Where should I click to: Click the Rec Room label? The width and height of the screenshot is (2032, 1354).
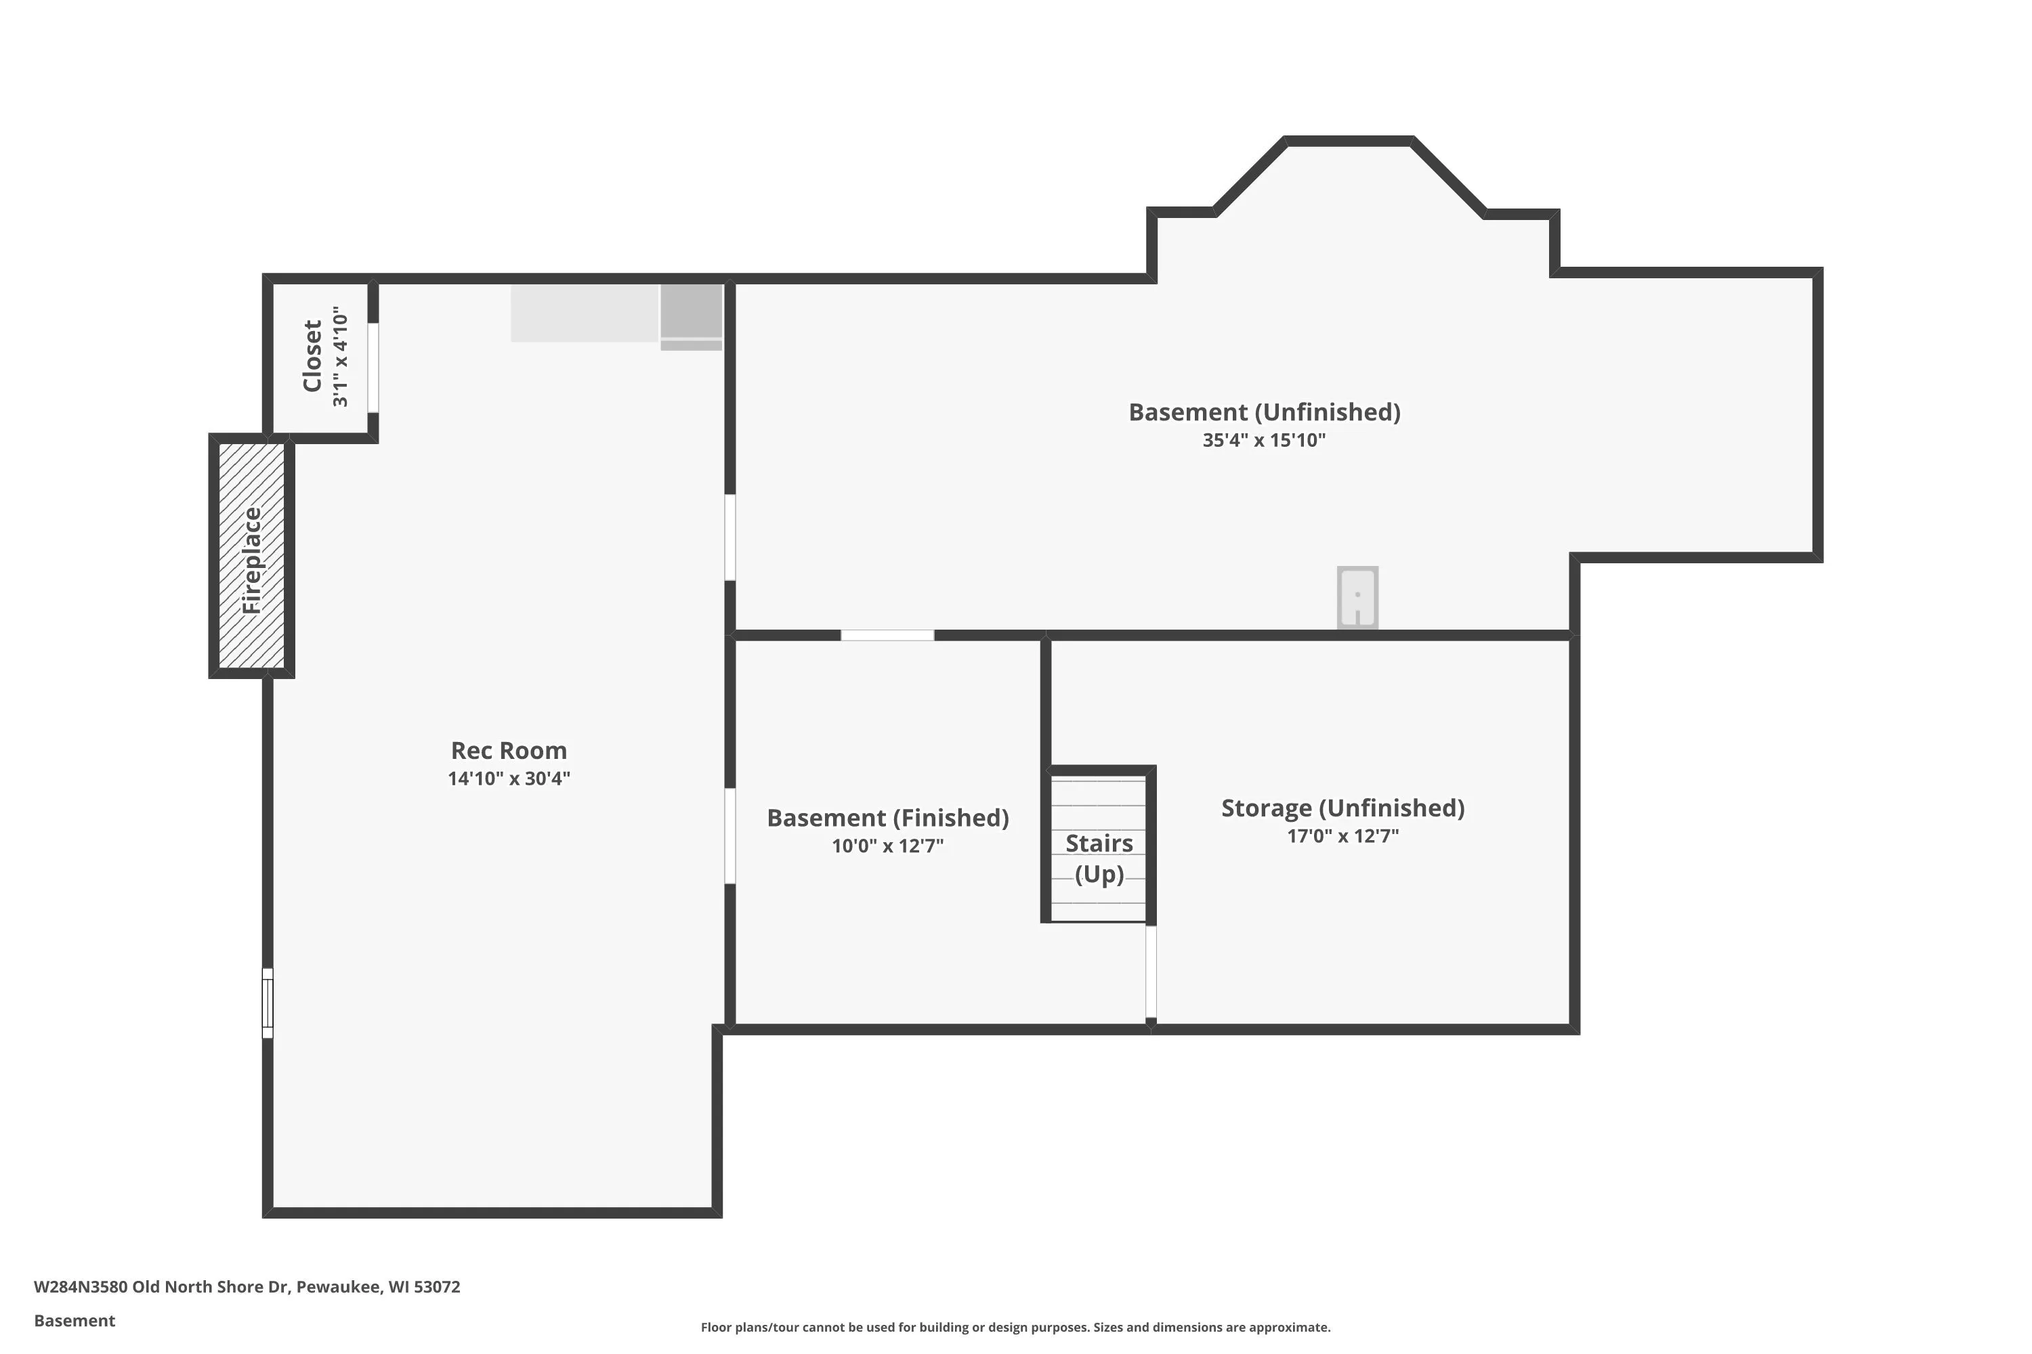509,750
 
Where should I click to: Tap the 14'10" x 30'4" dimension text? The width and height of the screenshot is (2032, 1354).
509,778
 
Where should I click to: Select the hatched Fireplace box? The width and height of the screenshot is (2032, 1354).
251,556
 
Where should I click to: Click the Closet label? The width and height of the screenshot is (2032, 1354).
312,356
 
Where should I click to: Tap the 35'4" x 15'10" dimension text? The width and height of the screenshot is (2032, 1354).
1264,441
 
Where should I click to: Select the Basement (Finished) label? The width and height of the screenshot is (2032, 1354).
887,818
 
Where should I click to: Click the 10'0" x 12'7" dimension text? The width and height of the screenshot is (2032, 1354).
887,846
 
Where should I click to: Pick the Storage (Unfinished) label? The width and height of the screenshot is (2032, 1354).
1342,808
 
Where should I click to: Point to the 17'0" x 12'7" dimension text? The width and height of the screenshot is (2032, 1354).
1342,836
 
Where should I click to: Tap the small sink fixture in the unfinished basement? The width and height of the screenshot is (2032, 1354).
1357,598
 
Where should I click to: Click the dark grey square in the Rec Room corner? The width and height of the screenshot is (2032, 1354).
691,311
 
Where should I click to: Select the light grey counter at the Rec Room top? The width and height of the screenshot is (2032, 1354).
585,313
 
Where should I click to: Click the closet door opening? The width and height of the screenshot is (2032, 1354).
373,368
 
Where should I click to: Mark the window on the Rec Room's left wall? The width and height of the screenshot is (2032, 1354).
268,1003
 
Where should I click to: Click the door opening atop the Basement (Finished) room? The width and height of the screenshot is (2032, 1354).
887,636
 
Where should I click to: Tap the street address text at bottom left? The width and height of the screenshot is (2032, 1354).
247,1287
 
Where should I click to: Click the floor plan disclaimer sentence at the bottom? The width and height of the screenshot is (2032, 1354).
1015,1327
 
